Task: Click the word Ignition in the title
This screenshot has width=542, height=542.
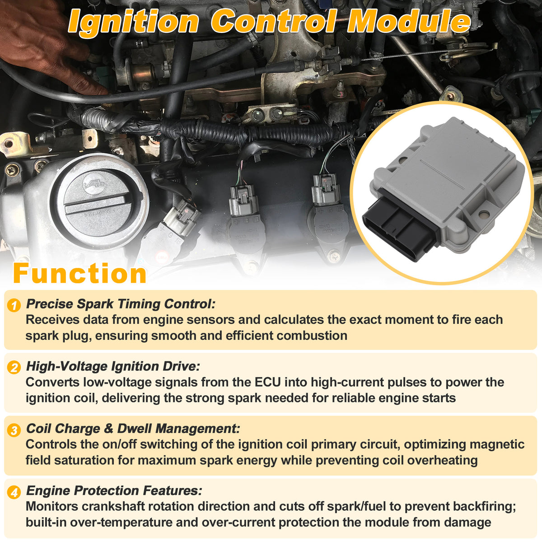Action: point(133,22)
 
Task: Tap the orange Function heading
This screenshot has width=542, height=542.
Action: point(79,273)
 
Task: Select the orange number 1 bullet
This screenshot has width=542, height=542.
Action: point(14,305)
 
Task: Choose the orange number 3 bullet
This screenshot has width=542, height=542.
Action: point(14,430)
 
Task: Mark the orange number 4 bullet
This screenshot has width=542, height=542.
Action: point(14,492)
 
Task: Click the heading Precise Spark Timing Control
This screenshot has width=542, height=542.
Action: point(121,304)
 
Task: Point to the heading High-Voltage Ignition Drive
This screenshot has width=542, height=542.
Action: point(113,366)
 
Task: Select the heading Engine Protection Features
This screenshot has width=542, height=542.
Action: point(114,491)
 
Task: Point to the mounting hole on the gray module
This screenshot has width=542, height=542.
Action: point(484,215)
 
